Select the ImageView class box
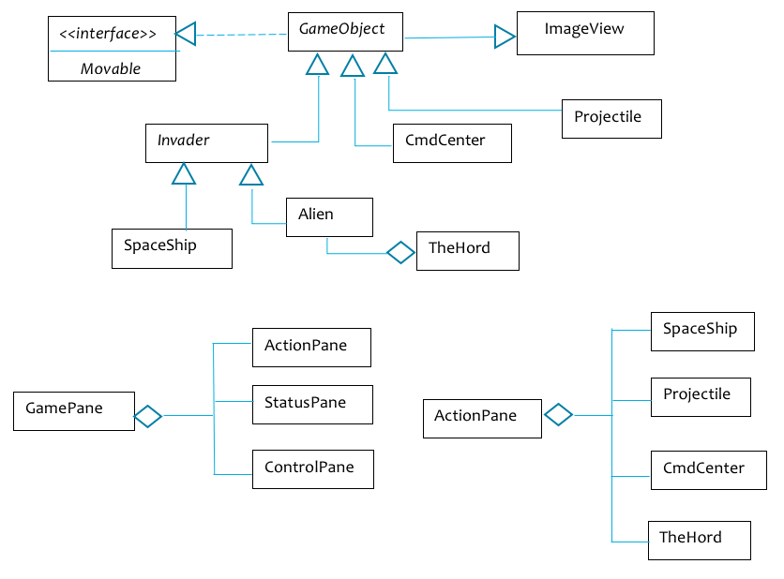584,33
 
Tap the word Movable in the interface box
111,68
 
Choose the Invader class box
207,142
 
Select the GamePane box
73,410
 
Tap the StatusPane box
312,404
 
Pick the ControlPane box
312,468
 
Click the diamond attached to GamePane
148,416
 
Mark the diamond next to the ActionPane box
559,414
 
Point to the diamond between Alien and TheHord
400,252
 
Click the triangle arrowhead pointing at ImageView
505,37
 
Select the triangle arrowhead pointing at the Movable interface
186,35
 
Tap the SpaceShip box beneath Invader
172,248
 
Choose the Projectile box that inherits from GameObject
611,118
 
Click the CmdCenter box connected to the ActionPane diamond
701,469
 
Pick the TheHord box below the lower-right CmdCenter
699,540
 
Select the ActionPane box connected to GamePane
311,347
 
